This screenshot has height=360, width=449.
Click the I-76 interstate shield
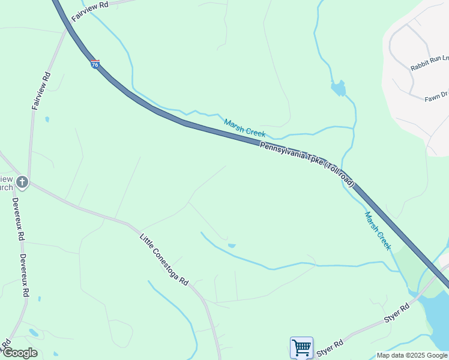(95, 64)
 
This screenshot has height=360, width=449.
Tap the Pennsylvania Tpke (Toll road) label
(307, 164)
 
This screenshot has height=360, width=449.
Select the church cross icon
(22, 181)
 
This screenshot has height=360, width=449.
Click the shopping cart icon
(301, 347)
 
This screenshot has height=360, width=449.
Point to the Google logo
(19, 353)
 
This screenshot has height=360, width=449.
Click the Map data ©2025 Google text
(412, 355)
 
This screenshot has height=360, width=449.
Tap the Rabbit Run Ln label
(429, 62)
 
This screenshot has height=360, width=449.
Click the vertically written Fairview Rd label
(41, 91)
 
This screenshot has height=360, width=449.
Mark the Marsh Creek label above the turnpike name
(244, 127)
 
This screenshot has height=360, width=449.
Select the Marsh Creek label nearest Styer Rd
(378, 230)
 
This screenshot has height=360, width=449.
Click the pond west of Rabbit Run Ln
(339, 89)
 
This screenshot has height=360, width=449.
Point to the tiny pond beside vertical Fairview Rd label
(47, 119)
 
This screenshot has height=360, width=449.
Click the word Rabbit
(419, 65)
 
